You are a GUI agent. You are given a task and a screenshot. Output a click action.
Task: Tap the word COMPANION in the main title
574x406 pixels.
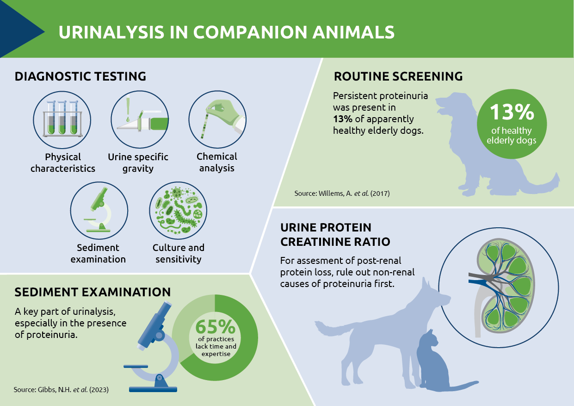250,32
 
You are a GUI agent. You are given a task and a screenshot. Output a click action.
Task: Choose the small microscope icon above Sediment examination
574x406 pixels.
99,210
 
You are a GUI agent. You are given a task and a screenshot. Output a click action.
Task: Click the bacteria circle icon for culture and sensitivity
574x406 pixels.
178,210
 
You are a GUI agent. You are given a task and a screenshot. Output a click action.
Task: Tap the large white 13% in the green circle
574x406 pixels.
512,112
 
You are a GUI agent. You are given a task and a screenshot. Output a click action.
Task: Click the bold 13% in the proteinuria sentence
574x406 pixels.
343,119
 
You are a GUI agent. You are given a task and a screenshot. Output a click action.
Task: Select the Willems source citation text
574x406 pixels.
342,194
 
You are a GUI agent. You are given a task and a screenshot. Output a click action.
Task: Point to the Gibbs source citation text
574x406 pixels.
61,390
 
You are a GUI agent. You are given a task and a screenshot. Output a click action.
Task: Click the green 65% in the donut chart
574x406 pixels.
215,326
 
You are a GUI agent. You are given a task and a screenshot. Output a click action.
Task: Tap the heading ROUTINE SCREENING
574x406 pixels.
398,76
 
